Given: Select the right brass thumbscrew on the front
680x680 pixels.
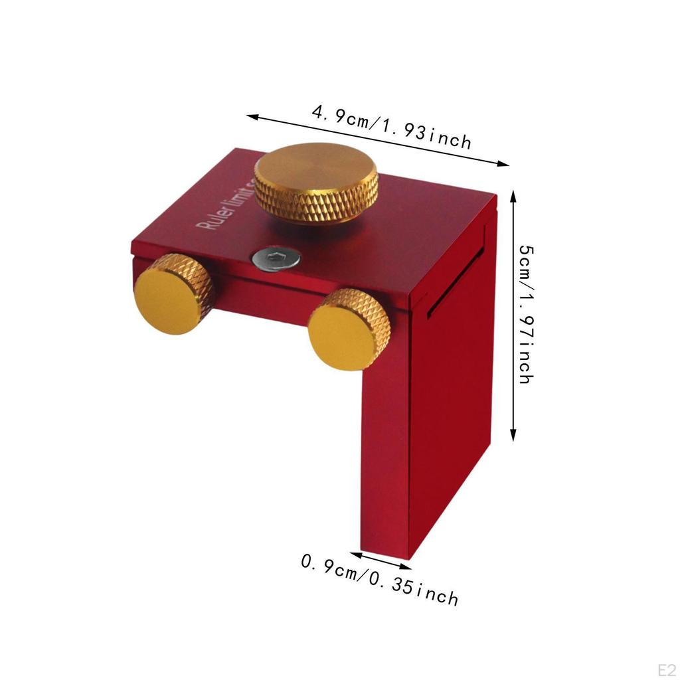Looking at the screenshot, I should [349, 328].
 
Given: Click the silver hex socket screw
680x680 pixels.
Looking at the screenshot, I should [275, 259].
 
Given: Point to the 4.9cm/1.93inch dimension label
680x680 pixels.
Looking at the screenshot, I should [392, 127].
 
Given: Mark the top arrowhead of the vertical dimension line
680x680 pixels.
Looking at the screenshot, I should [513, 195].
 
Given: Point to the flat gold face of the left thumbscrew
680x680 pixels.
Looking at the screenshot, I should [165, 303].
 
